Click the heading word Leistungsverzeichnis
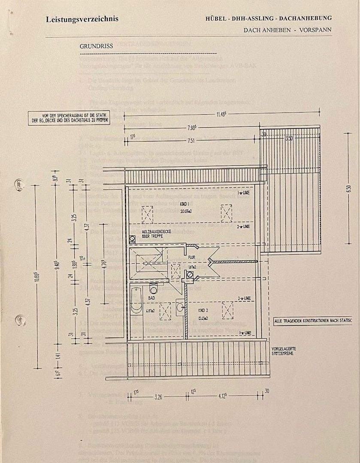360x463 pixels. point(82,19)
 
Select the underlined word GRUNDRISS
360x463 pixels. point(95,45)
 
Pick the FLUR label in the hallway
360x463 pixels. point(191,257)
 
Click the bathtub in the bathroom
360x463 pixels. point(137,301)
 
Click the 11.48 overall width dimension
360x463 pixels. point(221,114)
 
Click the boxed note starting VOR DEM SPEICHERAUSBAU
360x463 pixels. point(69,118)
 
